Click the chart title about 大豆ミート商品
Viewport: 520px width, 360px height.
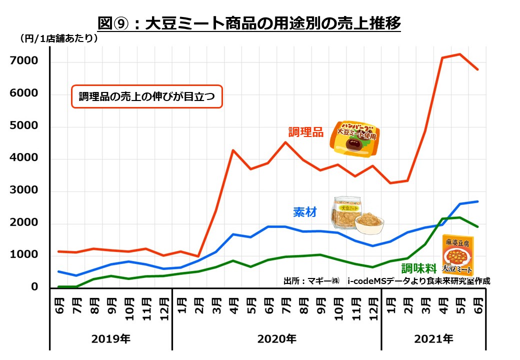(249, 23)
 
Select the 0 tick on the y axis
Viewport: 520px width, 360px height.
(34, 287)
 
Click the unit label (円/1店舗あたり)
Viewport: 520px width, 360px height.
(58, 38)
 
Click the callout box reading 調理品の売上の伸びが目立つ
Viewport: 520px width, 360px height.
(146, 97)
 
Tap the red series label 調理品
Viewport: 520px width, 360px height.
(305, 132)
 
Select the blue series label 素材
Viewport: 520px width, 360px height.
(304, 212)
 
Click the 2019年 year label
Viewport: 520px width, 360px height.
(110, 339)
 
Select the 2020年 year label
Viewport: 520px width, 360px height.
(276, 339)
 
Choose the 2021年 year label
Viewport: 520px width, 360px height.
(433, 339)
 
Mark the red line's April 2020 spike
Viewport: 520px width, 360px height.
(232, 150)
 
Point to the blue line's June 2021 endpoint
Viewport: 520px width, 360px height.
(477, 201)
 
